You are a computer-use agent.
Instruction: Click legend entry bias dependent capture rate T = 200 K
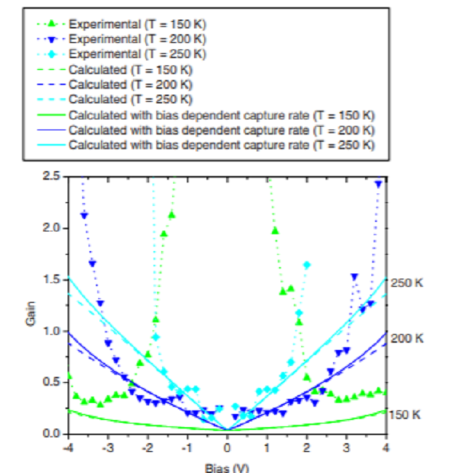click(222, 130)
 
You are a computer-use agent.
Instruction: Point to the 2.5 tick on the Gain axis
click(52, 176)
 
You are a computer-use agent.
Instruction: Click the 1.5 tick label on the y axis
click(52, 279)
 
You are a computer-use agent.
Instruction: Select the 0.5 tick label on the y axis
click(52, 383)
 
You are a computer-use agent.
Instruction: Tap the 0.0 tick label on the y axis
click(52, 434)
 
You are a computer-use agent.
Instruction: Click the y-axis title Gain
click(31, 318)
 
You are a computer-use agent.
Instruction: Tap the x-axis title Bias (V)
click(228, 466)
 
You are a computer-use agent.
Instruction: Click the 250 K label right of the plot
click(406, 282)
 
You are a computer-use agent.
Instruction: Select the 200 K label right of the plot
click(406, 338)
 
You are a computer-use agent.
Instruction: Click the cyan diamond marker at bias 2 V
click(307, 265)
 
